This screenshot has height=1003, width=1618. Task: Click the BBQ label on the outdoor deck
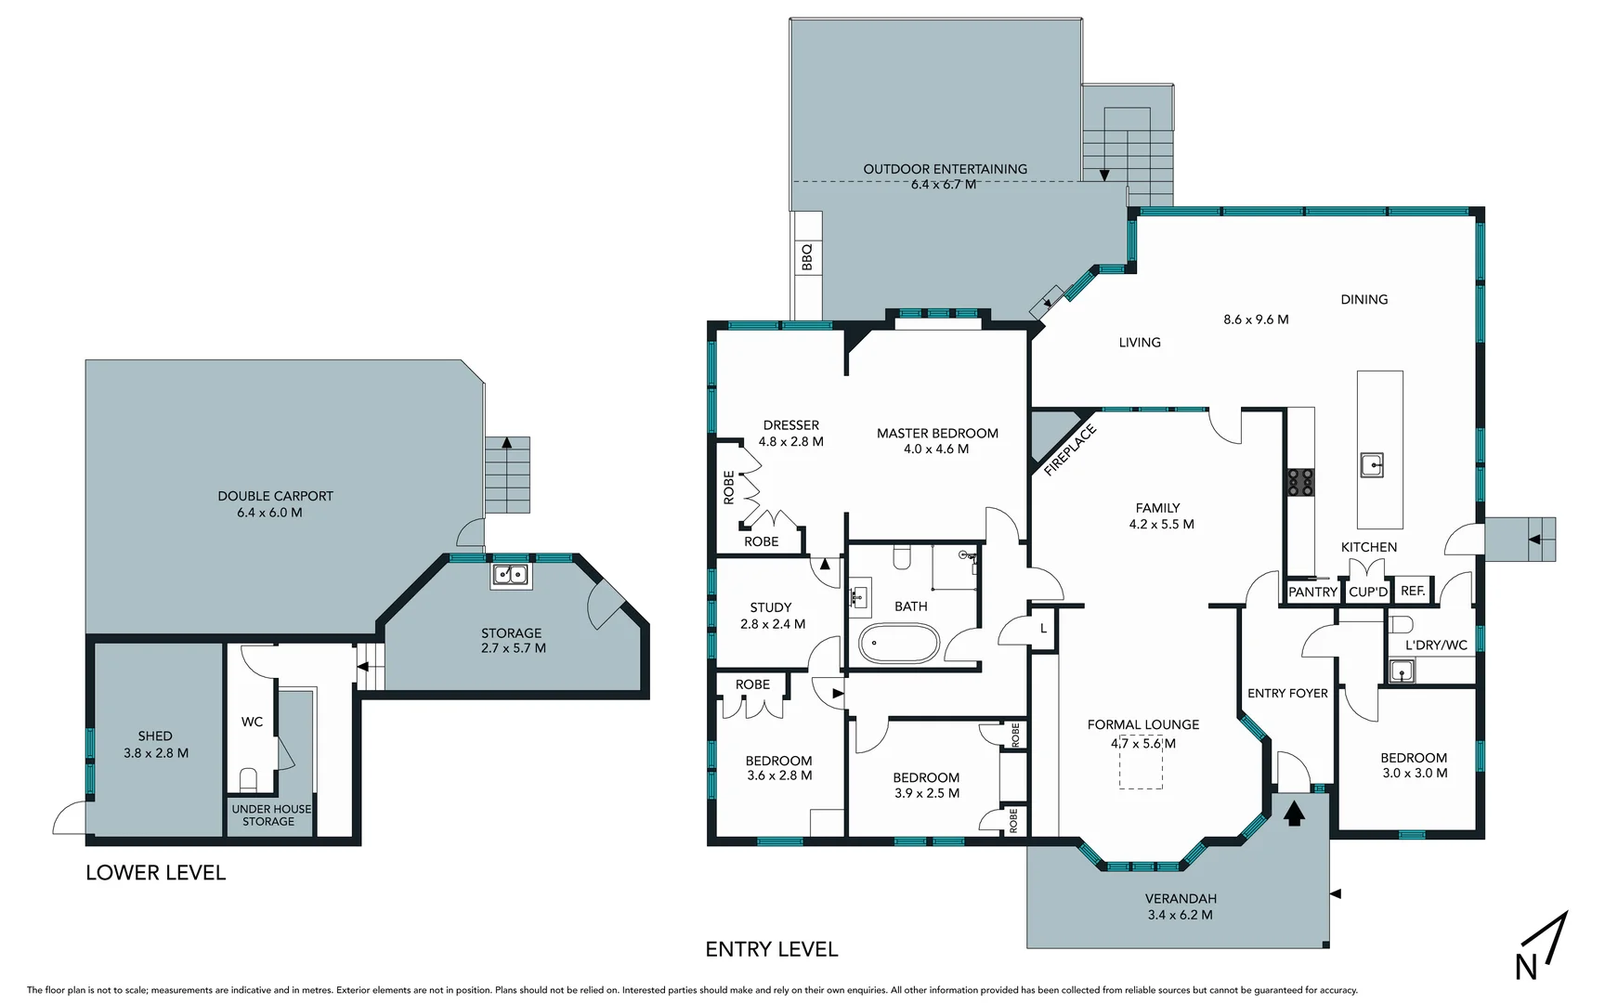806,257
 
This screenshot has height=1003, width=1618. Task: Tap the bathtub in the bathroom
899,643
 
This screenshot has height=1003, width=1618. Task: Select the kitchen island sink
1372,463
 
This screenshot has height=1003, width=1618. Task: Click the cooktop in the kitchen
1300,482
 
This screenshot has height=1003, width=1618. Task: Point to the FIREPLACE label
1069,450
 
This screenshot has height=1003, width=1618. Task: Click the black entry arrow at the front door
1294,814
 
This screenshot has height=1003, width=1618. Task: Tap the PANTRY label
1311,592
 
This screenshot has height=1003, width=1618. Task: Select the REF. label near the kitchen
1412,591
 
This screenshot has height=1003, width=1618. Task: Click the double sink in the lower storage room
510,575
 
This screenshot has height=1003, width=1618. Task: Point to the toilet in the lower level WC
248,777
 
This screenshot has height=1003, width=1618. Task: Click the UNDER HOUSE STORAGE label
270,815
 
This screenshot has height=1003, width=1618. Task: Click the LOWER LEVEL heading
155,873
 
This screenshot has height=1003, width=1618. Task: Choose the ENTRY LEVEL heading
771,949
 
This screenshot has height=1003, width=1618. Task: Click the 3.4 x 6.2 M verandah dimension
1180,915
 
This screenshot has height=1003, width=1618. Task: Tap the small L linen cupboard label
1043,629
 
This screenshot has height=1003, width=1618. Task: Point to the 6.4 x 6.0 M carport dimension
269,513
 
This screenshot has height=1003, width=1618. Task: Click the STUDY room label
771,607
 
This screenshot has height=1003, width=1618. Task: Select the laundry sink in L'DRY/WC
1400,670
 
